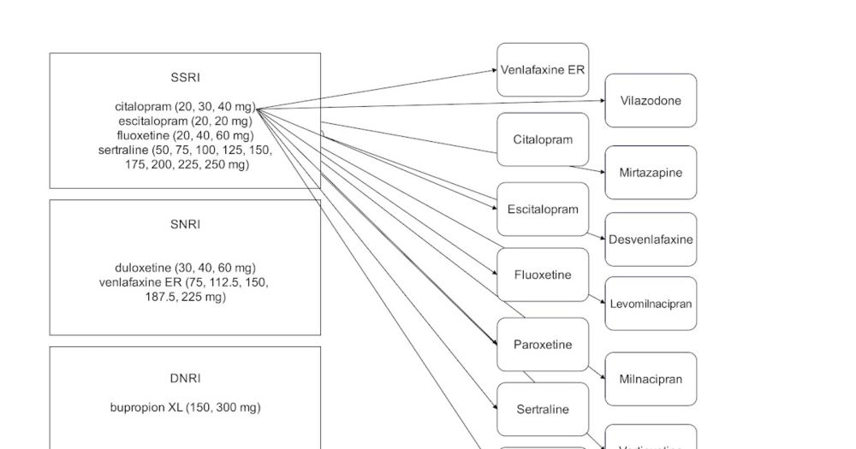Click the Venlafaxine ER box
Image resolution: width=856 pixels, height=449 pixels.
tap(543, 70)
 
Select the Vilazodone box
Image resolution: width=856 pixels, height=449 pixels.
tap(651, 101)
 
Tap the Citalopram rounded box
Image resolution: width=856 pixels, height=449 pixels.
tap(543, 139)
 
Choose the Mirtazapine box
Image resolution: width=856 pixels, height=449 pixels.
tap(651, 173)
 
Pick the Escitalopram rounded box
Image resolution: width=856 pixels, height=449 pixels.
tap(543, 209)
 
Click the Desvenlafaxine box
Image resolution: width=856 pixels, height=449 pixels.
tap(651, 239)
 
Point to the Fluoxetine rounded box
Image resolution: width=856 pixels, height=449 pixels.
tap(543, 275)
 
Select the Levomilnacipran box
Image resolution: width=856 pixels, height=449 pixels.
tap(651, 304)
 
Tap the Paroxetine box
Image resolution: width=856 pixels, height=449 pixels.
tap(543, 345)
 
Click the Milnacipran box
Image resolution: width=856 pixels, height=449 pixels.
tap(651, 379)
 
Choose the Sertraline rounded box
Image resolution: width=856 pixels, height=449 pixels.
tap(543, 410)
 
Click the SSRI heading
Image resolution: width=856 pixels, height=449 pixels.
tap(185, 79)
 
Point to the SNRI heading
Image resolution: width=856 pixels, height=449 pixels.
tap(185, 225)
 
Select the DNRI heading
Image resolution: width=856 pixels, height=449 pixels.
tap(185, 378)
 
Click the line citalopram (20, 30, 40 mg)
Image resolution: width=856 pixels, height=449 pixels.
tap(185, 107)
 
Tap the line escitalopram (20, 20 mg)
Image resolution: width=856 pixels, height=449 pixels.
tap(185, 121)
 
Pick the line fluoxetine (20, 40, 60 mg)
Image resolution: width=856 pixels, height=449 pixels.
tap(185, 135)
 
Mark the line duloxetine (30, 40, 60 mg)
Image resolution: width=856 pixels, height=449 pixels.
tap(185, 268)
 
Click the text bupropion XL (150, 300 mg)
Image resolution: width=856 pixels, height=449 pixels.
tap(185, 408)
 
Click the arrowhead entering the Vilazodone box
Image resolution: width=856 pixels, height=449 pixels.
tap(602, 101)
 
